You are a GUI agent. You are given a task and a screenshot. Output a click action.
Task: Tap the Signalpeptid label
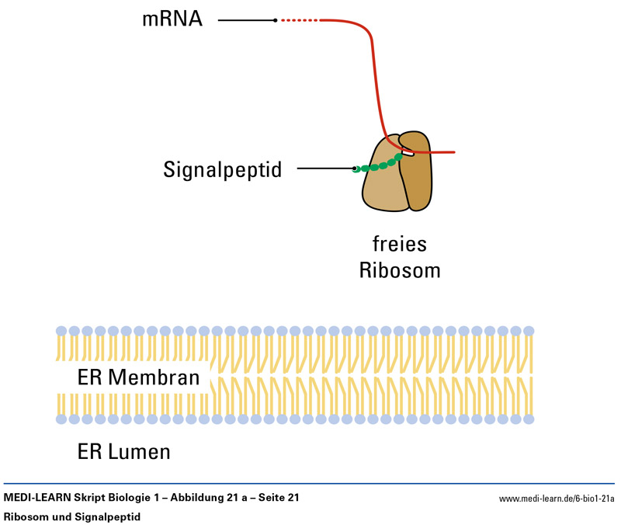(222, 169)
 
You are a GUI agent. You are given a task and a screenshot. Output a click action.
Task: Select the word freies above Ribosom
(399, 245)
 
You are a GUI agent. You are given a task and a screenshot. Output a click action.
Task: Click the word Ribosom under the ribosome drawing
(399, 270)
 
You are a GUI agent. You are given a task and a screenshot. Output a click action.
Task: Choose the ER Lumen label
(123, 451)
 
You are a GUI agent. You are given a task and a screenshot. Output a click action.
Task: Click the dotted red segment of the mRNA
(299, 19)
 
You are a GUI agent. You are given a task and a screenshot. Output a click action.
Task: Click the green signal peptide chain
(380, 165)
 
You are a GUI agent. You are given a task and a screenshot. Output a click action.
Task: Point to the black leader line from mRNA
(246, 19)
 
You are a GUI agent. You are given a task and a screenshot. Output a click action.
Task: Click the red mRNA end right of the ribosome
(439, 152)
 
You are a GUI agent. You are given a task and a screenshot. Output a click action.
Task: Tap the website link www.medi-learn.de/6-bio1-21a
(557, 498)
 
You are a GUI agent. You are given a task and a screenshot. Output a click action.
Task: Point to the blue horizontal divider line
(310, 484)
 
